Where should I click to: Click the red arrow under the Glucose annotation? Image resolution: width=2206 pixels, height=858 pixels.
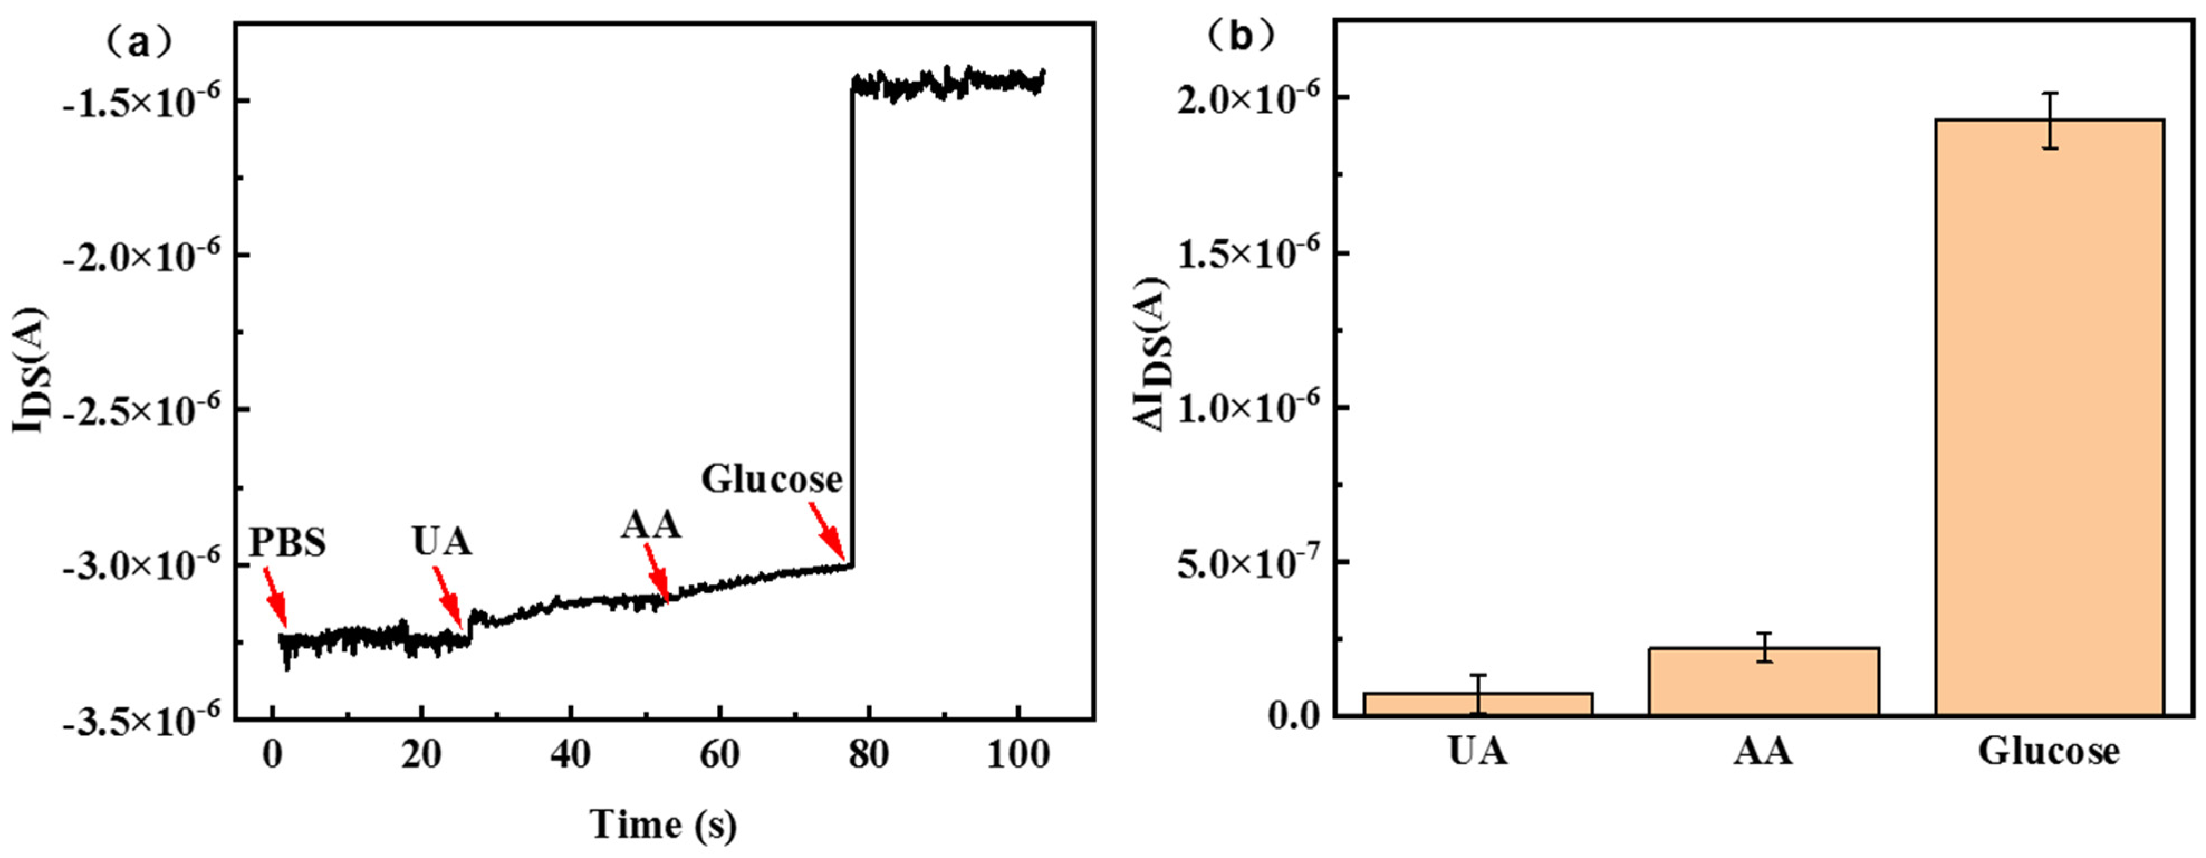pos(826,531)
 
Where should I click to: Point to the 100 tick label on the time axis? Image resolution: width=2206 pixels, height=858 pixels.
pos(1017,756)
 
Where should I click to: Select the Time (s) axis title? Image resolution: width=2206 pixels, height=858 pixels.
pos(664,825)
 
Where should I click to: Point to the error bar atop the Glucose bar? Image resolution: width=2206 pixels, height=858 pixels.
pos(2049,120)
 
